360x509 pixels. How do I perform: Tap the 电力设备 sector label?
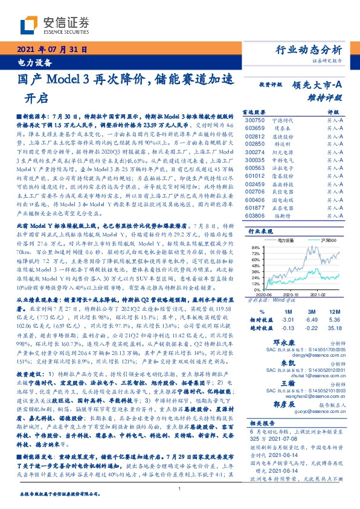(30, 61)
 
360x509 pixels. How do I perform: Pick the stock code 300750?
(254, 121)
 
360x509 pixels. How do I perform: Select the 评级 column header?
(334, 112)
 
